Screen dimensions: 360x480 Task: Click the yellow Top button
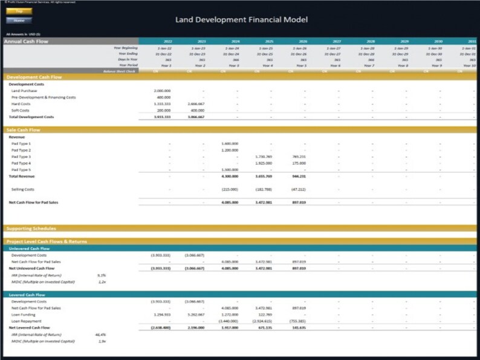click(x=20, y=11)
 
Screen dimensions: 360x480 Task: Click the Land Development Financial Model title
click(x=241, y=20)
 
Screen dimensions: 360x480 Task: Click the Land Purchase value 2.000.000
click(x=163, y=91)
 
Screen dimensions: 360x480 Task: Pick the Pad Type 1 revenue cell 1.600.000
click(x=230, y=144)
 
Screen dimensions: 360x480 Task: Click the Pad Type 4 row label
click(x=21, y=163)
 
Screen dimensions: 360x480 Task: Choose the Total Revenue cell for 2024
click(x=230, y=176)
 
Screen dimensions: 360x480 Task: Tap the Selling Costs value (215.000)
click(x=230, y=189)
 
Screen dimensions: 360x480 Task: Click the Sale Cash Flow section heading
click(x=24, y=130)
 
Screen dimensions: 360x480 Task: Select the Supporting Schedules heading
click(x=31, y=229)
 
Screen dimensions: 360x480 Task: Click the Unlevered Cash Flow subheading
click(x=29, y=248)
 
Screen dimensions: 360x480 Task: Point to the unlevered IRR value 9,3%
click(x=102, y=274)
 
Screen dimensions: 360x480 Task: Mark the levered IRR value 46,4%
click(x=101, y=334)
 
